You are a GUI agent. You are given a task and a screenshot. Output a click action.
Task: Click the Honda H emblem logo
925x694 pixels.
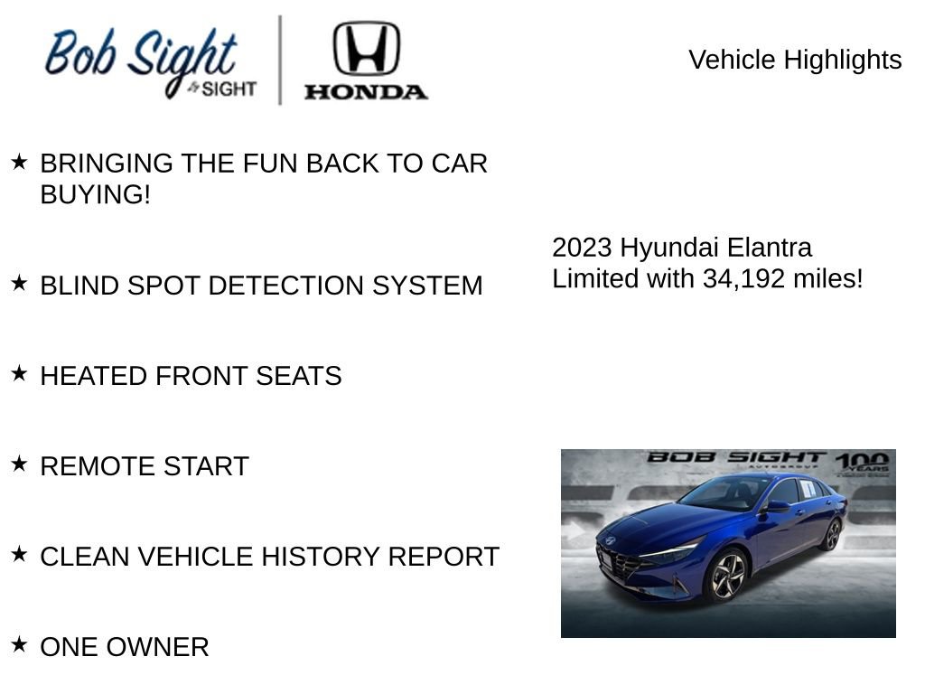click(x=366, y=49)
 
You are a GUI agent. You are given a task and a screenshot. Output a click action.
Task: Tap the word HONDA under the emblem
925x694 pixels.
click(x=366, y=91)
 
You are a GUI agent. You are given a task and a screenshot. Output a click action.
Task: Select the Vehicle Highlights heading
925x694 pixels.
click(x=795, y=60)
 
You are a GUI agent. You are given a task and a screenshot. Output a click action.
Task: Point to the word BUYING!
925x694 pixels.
click(x=95, y=194)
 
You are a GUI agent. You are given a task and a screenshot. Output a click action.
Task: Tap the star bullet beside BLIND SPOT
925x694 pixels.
click(x=19, y=284)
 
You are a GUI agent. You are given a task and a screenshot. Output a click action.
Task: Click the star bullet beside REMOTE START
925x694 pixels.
click(x=19, y=464)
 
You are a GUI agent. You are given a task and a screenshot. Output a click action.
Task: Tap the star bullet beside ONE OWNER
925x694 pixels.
click(x=19, y=645)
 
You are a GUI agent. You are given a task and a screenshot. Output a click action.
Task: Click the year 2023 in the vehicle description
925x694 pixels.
click(x=582, y=248)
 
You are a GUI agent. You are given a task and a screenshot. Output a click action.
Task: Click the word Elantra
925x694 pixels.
click(x=770, y=248)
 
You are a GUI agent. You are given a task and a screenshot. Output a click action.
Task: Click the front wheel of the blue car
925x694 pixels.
click(x=726, y=575)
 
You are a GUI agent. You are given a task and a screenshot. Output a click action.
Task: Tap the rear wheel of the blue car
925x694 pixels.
click(x=830, y=535)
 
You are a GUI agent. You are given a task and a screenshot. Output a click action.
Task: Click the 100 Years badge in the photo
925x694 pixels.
click(x=862, y=464)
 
